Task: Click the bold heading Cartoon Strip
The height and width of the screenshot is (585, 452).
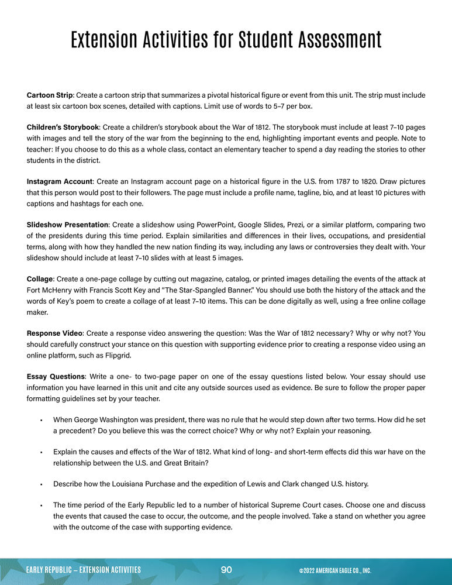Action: click(x=50, y=95)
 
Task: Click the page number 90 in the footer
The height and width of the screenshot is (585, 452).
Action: click(x=227, y=570)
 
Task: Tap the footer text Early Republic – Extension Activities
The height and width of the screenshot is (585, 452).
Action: click(x=84, y=570)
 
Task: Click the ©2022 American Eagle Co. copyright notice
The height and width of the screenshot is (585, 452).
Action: click(x=334, y=570)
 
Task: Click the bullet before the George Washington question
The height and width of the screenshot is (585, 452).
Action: click(x=42, y=419)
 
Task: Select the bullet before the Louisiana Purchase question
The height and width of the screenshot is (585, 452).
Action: click(x=42, y=484)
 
